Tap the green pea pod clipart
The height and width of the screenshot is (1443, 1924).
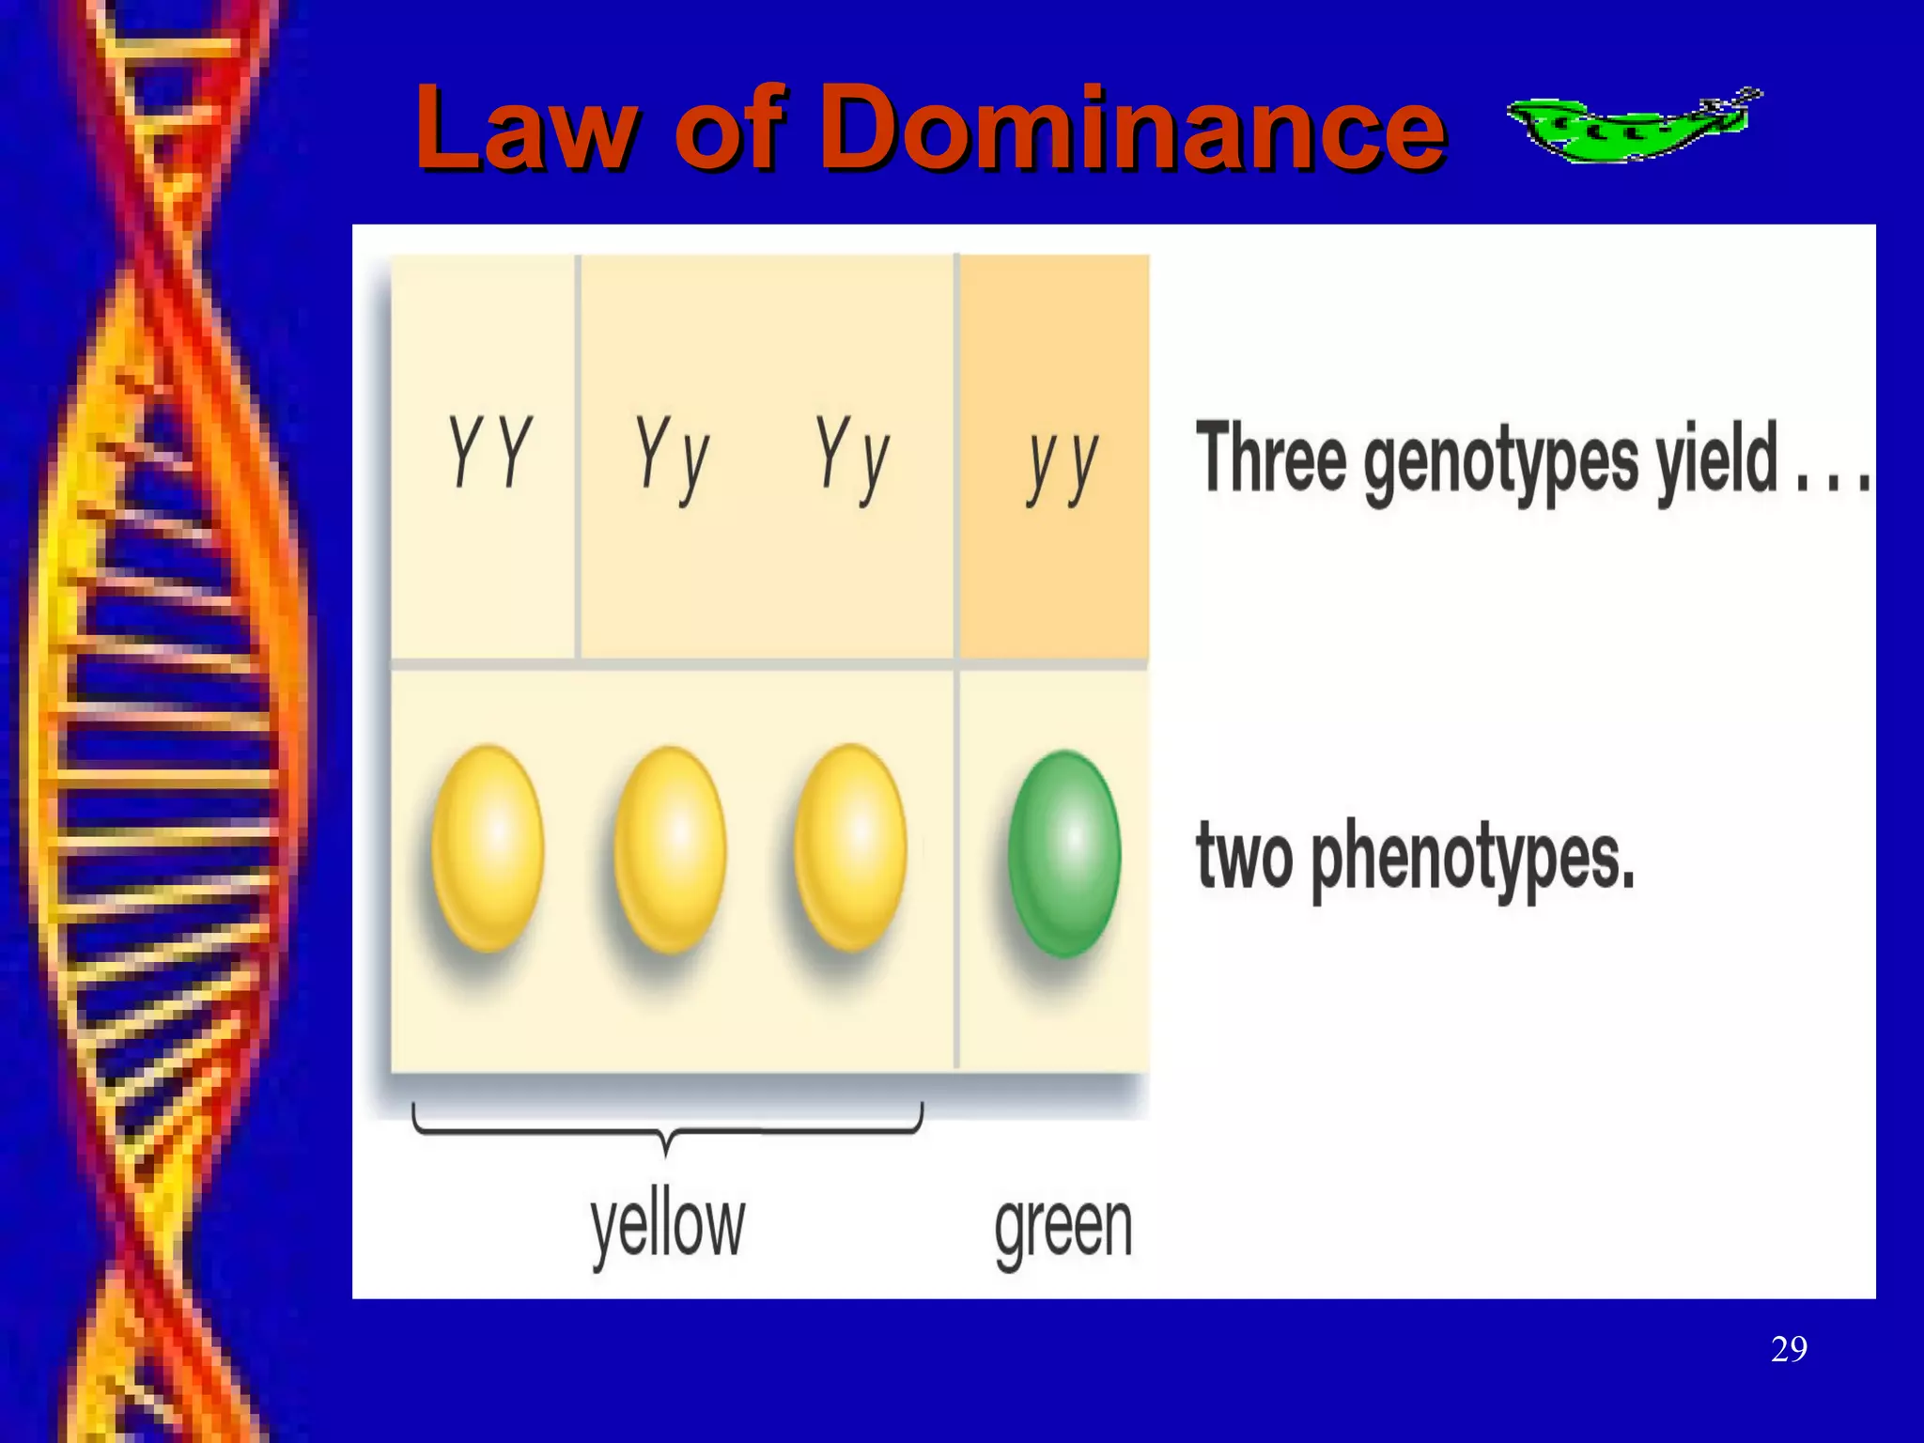click(x=1633, y=126)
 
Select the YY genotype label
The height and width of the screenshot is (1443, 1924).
click(x=489, y=453)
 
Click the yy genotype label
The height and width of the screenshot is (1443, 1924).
click(x=1063, y=464)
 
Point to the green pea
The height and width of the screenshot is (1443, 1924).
click(x=1064, y=854)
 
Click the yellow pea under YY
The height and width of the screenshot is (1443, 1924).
click(x=488, y=848)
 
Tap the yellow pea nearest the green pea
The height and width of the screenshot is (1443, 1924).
click(x=850, y=848)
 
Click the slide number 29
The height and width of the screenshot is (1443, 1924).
click(x=1788, y=1349)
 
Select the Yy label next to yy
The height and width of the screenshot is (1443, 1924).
click(x=852, y=458)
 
